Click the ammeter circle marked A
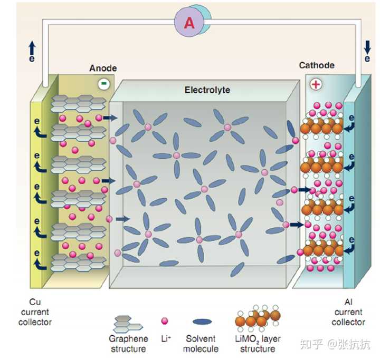189,23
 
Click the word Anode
103,68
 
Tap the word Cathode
317,65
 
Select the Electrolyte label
207,90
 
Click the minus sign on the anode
104,84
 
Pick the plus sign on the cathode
316,84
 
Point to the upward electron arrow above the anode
32,47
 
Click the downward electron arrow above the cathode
367,47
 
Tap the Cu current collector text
35,312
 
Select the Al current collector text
348,312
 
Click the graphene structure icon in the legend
128,324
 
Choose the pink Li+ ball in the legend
165,321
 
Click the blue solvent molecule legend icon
202,322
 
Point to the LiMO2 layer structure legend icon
258,318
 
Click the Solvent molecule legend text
201,344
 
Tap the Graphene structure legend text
128,344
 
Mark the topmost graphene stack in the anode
78,104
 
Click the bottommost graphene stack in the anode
79,262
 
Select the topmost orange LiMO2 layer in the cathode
321,127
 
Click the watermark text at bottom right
336,344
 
